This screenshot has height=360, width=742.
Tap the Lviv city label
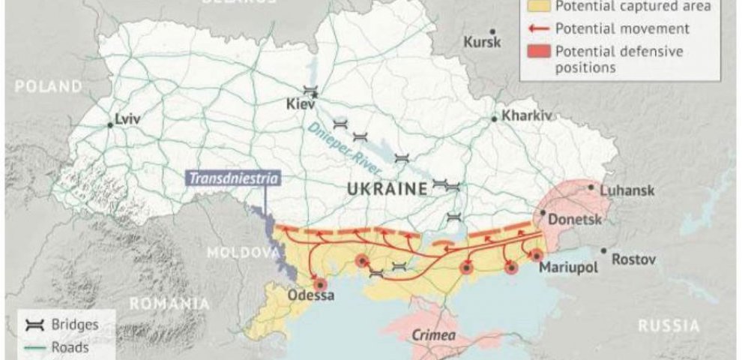click(x=127, y=118)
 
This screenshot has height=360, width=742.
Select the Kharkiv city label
click(x=526, y=116)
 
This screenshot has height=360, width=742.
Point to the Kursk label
click(x=482, y=42)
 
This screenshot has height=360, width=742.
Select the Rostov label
click(x=633, y=259)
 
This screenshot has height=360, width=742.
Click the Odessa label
click(x=310, y=295)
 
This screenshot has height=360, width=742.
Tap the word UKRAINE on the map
click(x=386, y=190)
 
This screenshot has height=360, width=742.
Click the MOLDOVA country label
click(x=232, y=252)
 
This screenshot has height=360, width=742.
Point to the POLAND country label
click(x=48, y=87)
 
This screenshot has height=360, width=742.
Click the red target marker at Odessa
click(x=321, y=284)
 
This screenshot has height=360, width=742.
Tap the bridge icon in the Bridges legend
click(x=32, y=326)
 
